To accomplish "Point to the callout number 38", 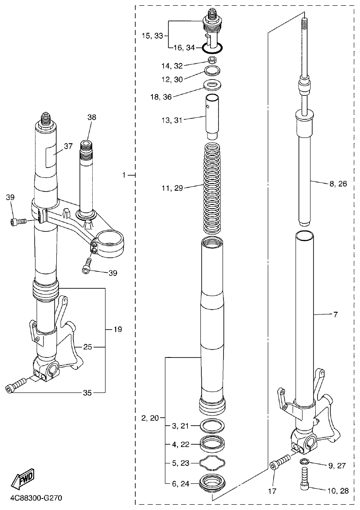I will coord(91,118).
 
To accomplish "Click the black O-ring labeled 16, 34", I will coord(213,47).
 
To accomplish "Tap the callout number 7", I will coord(336,314).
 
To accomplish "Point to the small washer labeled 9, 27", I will coord(304,462).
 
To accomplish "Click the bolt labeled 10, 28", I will coord(305,481).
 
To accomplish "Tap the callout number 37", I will coord(68,146).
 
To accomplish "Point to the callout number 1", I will coord(125,175).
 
